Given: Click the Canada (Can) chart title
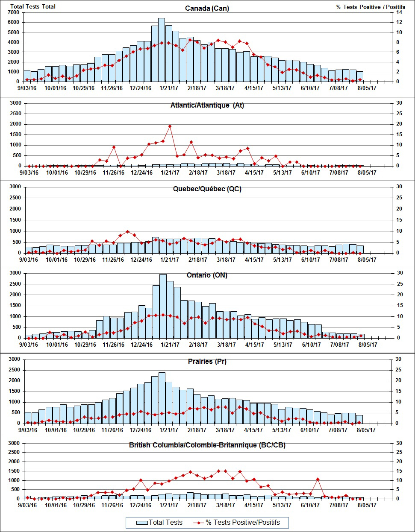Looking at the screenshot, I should (x=207, y=9).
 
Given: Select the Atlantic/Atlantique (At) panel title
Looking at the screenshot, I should (x=207, y=105).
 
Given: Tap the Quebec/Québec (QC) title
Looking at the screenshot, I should (x=207, y=189).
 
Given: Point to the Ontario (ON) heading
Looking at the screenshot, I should (x=207, y=275).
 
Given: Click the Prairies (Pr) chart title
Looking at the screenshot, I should (x=207, y=362).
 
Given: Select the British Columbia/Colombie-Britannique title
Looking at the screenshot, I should (x=207, y=445).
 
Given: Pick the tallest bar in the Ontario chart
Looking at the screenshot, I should (x=163, y=305).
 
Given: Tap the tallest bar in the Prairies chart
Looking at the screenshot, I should (x=162, y=397).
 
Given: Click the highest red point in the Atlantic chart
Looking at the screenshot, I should (x=170, y=126).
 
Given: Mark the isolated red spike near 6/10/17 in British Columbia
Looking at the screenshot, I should (x=318, y=479).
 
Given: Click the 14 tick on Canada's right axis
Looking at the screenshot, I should (x=399, y=12).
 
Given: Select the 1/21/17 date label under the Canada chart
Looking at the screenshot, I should (x=169, y=88).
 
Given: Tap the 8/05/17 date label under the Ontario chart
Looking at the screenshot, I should (x=367, y=345).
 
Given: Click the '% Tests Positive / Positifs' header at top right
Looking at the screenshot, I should (x=365, y=7).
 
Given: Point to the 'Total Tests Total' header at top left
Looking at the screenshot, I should (x=33, y=7).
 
